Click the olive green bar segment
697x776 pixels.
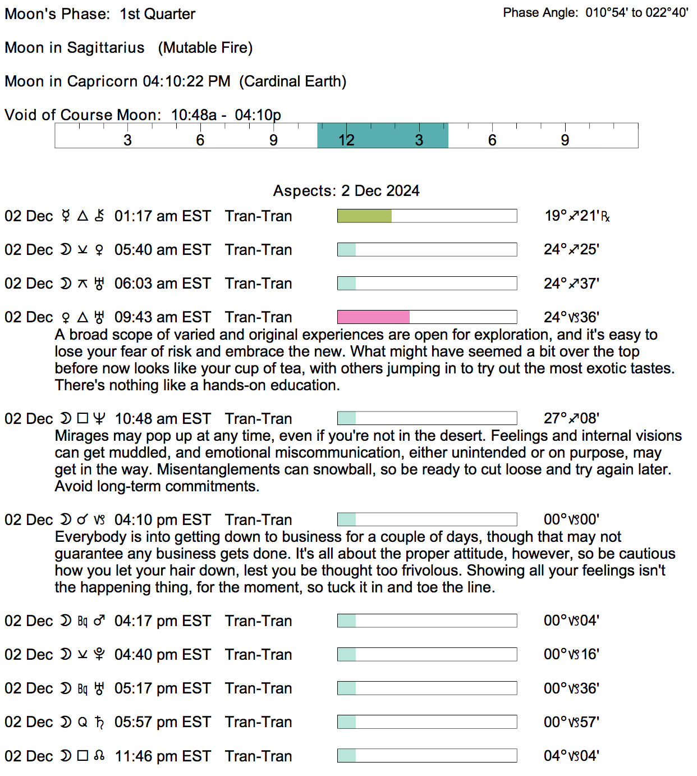(364, 216)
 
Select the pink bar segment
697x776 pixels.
(373, 317)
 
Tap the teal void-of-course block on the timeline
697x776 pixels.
(382, 136)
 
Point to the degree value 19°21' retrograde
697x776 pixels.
(577, 216)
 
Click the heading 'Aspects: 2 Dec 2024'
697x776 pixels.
(346, 191)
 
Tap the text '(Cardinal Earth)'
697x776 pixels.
(293, 81)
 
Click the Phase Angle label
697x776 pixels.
(540, 13)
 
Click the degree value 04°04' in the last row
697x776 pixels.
(571, 756)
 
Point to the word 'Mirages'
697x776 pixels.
(82, 436)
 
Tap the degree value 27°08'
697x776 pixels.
(571, 419)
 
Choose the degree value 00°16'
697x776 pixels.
(571, 655)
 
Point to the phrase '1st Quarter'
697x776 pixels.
(158, 14)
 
